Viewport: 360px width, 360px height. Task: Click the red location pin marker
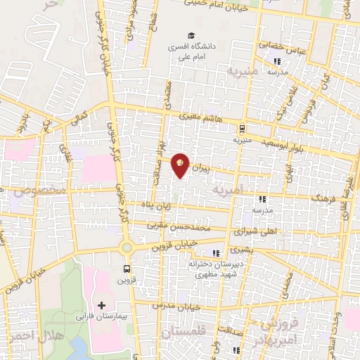pos(181,165)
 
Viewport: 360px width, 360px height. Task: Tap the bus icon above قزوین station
pos(127,269)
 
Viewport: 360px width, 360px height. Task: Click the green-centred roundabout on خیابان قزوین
pos(127,247)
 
